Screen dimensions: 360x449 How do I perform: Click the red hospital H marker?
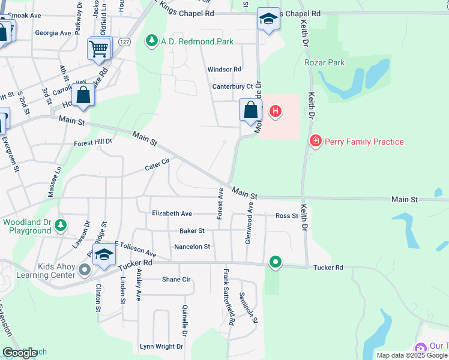(275, 111)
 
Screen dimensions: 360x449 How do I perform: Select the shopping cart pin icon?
(99, 48)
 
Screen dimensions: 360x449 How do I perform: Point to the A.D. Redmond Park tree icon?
(152, 41)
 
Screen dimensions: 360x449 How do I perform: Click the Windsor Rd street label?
(224, 70)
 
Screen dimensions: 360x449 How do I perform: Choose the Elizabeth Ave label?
(172, 214)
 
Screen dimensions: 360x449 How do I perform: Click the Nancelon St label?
(192, 247)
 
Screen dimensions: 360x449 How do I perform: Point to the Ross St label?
(286, 216)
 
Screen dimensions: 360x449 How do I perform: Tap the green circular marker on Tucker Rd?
(276, 262)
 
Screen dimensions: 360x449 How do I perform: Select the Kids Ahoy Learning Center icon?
(84, 271)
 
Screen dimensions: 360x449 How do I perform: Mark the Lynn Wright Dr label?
(161, 346)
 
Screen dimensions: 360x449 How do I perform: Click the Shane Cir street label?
(176, 280)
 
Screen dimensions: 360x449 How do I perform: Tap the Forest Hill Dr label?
(93, 143)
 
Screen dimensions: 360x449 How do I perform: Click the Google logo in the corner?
(19, 353)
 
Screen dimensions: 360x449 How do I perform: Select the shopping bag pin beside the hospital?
(250, 110)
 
